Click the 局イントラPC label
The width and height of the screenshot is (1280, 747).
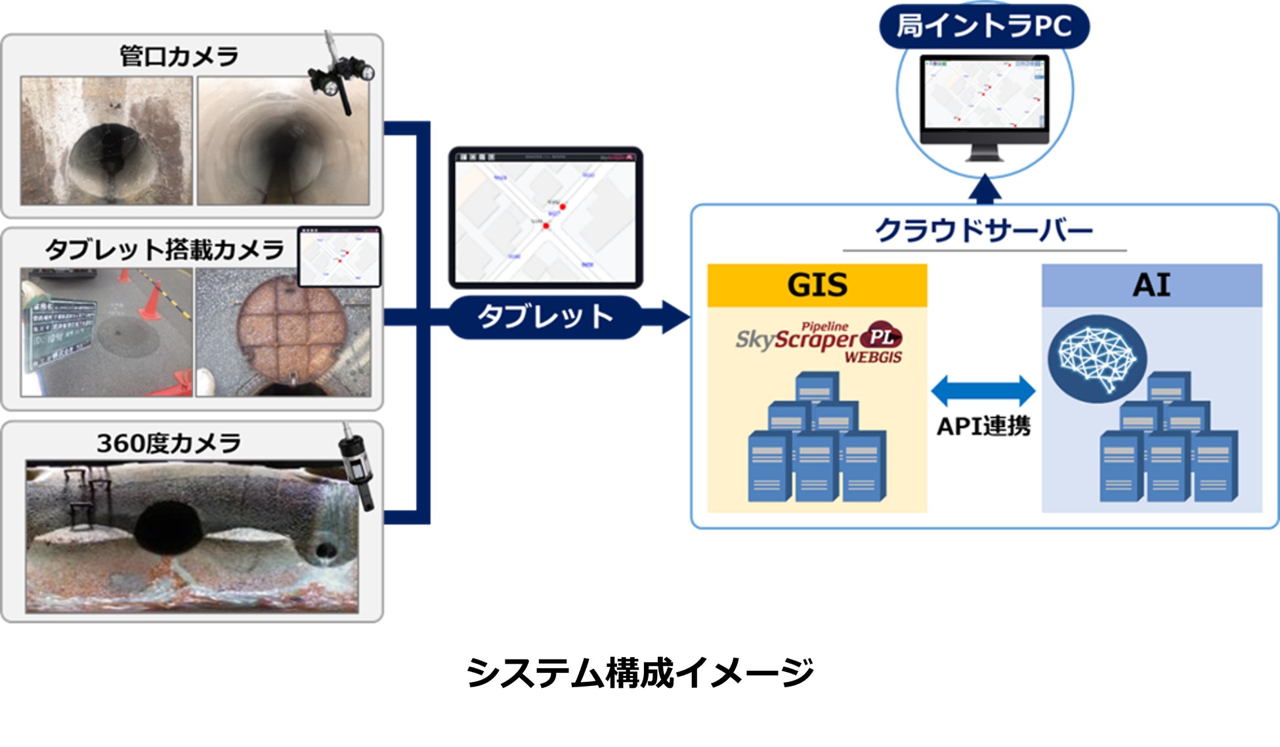click(x=983, y=26)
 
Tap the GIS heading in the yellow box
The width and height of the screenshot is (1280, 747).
click(x=817, y=285)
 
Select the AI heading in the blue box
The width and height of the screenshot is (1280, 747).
click(x=1151, y=285)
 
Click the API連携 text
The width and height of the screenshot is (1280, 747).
click(x=983, y=426)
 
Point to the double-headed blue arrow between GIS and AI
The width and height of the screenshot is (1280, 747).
click(x=983, y=391)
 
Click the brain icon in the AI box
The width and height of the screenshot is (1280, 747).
click(x=1096, y=359)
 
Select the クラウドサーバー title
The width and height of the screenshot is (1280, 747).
click(x=983, y=231)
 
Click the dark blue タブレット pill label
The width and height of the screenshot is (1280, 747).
click(x=545, y=317)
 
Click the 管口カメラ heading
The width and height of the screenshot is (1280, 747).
click(x=179, y=57)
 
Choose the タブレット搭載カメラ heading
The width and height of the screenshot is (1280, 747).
click(x=164, y=250)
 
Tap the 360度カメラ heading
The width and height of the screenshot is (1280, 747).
click(x=169, y=443)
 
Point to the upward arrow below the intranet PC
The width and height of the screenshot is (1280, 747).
click(x=985, y=189)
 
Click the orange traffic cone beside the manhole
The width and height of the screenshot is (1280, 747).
click(x=152, y=302)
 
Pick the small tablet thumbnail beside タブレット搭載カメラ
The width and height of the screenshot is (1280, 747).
click(x=339, y=258)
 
